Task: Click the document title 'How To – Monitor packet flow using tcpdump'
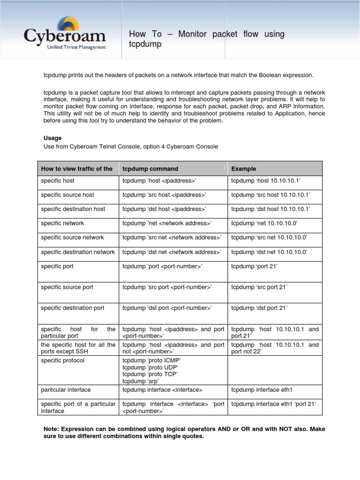pyautogui.click(x=206, y=39)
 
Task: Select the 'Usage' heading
pyautogui.click(x=52, y=138)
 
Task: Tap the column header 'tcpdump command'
pyautogui.click(x=150, y=169)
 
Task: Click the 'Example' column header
pyautogui.click(x=244, y=169)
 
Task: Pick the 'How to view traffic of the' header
pyautogui.click(x=76, y=169)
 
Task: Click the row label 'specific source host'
pyautogui.click(x=67, y=195)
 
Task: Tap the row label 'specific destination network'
pyautogui.click(x=78, y=252)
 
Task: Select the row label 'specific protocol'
pyautogui.click(x=61, y=360)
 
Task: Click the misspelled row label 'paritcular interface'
pyautogui.click(x=66, y=390)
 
